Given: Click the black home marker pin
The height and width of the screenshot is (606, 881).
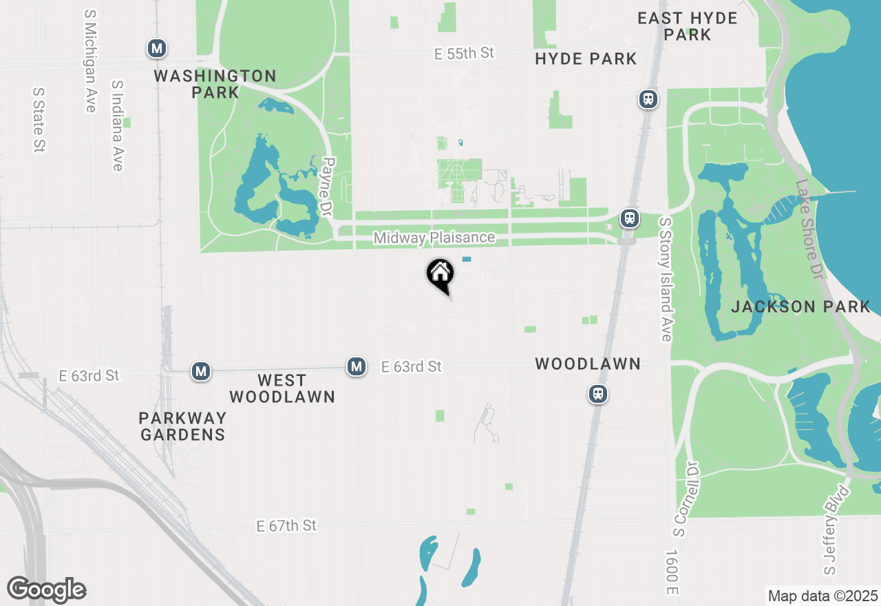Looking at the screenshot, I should point(440,274).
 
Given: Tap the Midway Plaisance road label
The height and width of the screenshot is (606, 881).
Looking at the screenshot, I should point(434,238).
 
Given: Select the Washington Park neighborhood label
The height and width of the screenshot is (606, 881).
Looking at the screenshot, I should point(215,83).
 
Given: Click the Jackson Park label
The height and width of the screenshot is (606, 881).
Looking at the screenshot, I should point(800,306).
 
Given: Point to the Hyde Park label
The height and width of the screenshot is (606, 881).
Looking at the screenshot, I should point(586,59).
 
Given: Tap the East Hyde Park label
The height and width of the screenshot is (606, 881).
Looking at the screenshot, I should point(687,26).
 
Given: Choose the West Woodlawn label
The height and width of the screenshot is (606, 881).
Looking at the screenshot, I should point(282,388).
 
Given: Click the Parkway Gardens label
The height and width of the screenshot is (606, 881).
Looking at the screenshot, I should point(182,426).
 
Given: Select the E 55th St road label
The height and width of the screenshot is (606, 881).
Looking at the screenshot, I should point(464,53).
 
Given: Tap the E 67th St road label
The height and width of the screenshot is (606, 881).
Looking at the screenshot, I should point(286,525).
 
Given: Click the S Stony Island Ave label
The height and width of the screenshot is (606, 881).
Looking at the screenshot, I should point(665,280).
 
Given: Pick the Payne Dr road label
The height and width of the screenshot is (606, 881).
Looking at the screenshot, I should point(328,187).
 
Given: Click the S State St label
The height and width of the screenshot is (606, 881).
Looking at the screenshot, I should point(39,119).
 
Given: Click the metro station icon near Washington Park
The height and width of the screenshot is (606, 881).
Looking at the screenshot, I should point(158,48).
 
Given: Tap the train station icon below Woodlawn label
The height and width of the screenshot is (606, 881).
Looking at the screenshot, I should point(597,394).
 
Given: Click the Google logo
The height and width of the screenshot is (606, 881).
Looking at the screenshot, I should point(47,589).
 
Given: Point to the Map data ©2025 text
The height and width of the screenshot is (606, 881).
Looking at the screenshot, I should point(822,596).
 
